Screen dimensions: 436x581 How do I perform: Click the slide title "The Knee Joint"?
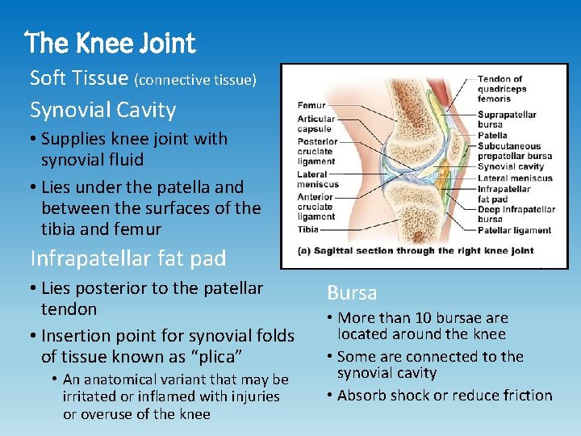click(111, 42)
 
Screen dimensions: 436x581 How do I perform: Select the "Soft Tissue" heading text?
click(79, 78)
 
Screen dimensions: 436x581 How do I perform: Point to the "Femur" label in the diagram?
click(311, 105)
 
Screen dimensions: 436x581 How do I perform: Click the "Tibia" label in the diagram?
click(307, 229)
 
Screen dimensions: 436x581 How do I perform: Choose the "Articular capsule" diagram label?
click(315, 124)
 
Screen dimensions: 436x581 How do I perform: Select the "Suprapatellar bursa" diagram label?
click(507, 119)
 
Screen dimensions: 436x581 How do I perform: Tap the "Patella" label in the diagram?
click(494, 135)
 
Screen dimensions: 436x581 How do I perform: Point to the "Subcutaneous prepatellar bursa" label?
click(514, 151)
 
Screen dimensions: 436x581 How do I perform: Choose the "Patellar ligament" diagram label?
click(514, 229)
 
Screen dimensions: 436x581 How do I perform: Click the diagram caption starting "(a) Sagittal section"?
click(416, 250)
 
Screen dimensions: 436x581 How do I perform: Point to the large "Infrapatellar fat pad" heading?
click(127, 258)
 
